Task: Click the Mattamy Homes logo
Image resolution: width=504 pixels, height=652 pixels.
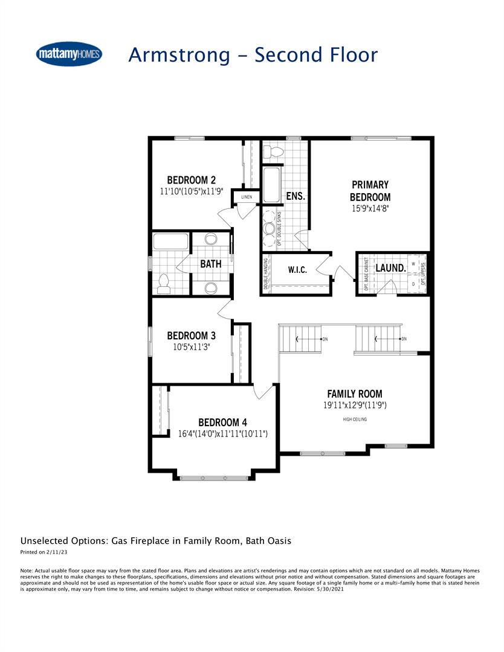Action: [69, 54]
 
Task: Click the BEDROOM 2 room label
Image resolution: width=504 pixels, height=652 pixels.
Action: [192, 180]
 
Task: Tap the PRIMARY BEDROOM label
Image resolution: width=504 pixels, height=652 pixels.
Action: [370, 191]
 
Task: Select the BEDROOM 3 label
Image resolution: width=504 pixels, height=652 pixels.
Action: [192, 336]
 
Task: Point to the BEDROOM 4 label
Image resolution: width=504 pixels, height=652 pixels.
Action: [222, 423]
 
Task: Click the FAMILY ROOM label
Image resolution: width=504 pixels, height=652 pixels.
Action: [355, 394]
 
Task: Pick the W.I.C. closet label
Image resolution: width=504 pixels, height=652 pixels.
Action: [297, 270]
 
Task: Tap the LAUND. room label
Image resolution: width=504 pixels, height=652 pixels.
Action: [391, 267]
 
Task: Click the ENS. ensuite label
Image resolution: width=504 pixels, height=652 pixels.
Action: [296, 197]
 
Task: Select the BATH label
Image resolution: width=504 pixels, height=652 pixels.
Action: [211, 264]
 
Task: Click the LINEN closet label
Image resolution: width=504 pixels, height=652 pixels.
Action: [247, 197]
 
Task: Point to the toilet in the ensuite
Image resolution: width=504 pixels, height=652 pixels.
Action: [276, 151]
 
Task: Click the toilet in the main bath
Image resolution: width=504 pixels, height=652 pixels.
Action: [163, 284]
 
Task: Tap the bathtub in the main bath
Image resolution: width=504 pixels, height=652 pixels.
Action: [171, 241]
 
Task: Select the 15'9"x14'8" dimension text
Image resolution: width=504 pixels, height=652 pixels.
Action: [370, 209]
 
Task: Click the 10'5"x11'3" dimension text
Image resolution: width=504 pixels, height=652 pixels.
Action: [192, 347]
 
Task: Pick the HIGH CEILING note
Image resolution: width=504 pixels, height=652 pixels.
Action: [355, 419]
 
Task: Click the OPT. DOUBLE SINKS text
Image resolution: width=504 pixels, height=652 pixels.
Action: [279, 228]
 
